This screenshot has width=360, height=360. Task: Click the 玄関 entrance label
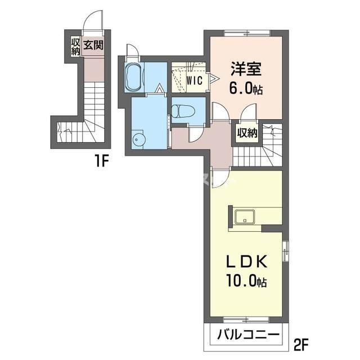tap(93, 45)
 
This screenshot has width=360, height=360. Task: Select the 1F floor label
tap(101, 161)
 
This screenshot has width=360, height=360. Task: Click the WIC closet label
tap(195, 80)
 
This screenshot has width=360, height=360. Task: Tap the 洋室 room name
tap(246, 69)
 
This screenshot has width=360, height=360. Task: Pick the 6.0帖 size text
tap(246, 88)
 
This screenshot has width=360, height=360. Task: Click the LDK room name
tap(247, 263)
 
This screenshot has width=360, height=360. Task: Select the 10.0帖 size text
tap(247, 281)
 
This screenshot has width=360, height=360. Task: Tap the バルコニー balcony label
tap(248, 335)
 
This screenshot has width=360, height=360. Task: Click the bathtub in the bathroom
tap(134, 78)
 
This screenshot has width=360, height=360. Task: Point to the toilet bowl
tap(183, 111)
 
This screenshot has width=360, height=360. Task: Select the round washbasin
tap(138, 139)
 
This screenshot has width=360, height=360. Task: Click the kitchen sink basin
tap(245, 217)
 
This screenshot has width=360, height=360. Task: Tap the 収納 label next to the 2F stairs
tap(247, 133)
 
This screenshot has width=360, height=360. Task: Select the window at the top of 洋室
tap(247, 33)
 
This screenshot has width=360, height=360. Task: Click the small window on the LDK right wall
tap(285, 251)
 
